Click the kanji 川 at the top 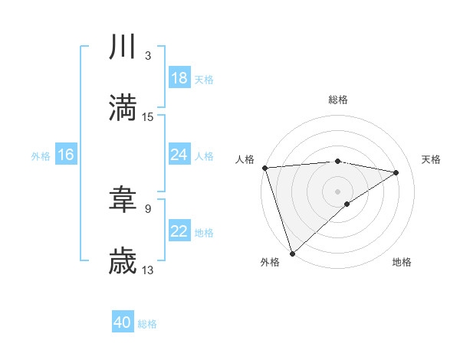(x=123, y=48)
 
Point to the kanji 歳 (x=123, y=260)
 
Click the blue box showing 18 (x=179, y=78)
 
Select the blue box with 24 (x=179, y=155)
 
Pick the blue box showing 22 (x=179, y=231)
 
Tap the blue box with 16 (x=66, y=155)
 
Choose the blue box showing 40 (x=123, y=323)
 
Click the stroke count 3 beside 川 (x=147, y=56)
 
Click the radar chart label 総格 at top (x=338, y=100)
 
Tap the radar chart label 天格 (x=432, y=159)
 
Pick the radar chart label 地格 (x=402, y=262)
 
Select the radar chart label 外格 (x=270, y=262)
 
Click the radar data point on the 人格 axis (x=264, y=168)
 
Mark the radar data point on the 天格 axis (x=396, y=172)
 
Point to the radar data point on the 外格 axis (x=293, y=253)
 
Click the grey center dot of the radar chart (x=338, y=191)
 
